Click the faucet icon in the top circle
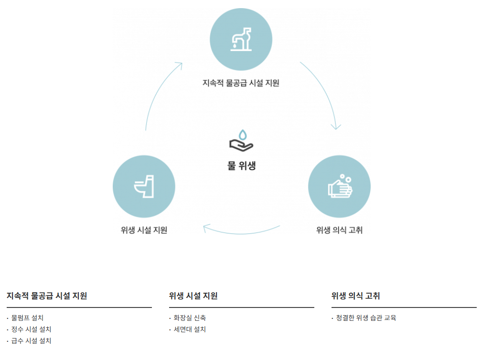point(241,39)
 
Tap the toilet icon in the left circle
point(144,187)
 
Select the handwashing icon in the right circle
point(340,187)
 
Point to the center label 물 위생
point(242,166)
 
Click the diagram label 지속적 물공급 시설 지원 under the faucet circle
point(241,83)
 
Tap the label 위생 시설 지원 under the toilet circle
point(144,230)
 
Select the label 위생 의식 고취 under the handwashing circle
point(340,230)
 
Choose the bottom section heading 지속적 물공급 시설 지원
point(47,296)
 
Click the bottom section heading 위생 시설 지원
point(193,296)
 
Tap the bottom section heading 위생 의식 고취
point(356,296)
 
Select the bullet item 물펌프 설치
point(28,318)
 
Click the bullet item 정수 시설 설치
point(32,329)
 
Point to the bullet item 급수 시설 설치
point(32,341)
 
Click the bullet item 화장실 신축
point(190,318)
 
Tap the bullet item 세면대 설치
point(190,329)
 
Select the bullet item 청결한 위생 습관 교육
point(366,318)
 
